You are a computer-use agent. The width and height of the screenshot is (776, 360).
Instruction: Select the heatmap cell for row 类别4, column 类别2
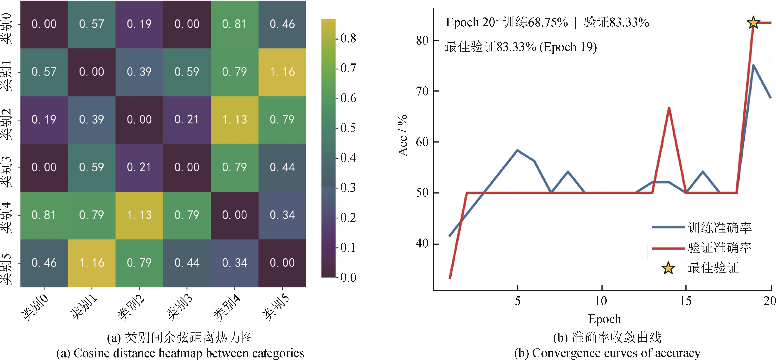click(x=139, y=215)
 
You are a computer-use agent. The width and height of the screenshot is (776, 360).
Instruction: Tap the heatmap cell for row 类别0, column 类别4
click(x=234, y=24)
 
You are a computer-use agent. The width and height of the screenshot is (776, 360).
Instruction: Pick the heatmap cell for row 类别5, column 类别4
click(x=234, y=263)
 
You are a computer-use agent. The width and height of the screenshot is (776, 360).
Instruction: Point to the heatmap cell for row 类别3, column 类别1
click(x=92, y=167)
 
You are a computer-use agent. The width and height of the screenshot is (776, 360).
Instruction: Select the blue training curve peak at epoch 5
click(x=517, y=150)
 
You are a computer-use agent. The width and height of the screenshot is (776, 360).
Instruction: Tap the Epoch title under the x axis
click(x=605, y=319)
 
